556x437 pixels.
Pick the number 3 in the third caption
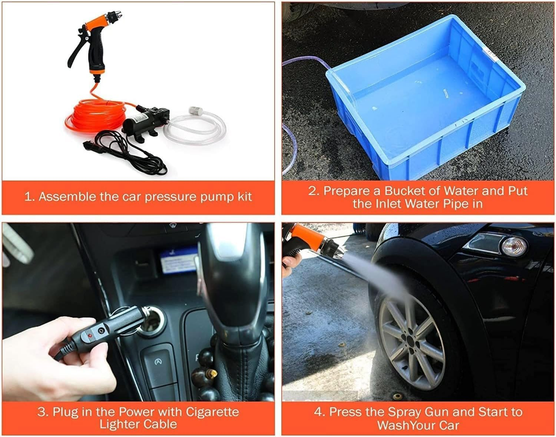point(41,412)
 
